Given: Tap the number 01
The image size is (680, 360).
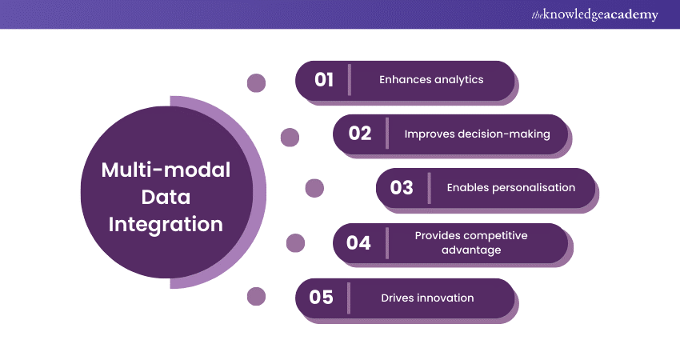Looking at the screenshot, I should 323,80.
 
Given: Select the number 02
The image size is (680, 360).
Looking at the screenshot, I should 360,134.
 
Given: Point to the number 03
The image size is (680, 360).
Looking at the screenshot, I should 402,188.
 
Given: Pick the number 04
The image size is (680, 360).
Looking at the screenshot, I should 359,242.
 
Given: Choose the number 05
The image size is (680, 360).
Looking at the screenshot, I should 321,298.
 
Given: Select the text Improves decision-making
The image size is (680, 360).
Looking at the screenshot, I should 477,134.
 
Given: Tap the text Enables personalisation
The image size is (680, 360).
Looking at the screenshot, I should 510,188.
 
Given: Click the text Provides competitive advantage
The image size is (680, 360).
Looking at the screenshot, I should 470,242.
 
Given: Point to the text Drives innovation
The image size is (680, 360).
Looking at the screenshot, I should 427,298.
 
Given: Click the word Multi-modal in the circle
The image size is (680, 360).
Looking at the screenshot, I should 166,170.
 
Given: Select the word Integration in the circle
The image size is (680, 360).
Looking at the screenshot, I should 166,224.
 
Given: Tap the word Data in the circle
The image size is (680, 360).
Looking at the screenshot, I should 166,197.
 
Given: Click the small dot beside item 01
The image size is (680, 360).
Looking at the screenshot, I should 256,82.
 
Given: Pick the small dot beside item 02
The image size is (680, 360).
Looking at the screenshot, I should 290,138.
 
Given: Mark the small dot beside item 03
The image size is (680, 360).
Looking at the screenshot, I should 315,188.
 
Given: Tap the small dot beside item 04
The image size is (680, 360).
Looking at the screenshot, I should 295,242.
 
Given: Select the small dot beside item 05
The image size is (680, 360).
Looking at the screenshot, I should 256,297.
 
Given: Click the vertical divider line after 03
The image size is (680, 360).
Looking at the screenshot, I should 429,188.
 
